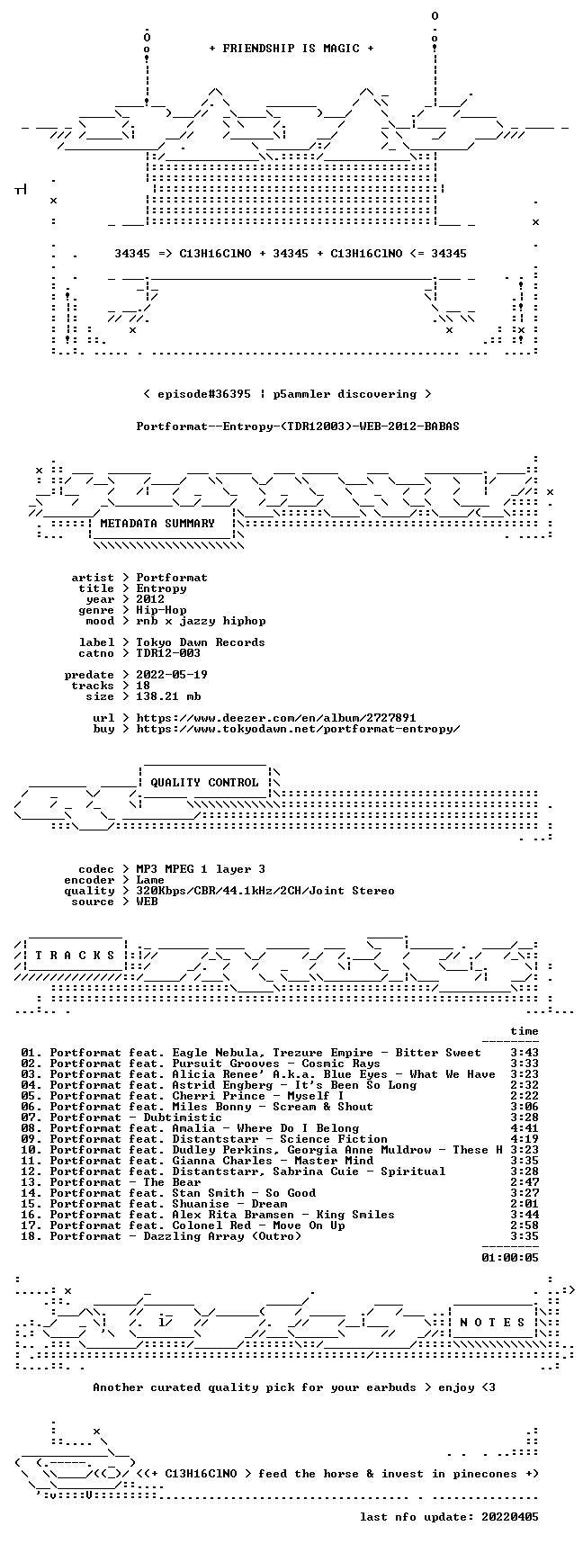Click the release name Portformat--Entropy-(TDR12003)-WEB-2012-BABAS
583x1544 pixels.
point(298,426)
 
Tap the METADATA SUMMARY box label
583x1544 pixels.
point(157,524)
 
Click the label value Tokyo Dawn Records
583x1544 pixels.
point(201,642)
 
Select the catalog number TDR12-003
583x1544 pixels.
point(168,653)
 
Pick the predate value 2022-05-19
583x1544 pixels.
point(172,675)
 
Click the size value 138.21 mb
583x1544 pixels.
point(168,696)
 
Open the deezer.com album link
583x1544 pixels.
point(276,718)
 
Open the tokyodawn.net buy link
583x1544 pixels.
point(298,729)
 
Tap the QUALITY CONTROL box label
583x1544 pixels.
point(204,783)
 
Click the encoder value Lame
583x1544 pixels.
point(150,880)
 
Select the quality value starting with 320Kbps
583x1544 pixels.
point(265,891)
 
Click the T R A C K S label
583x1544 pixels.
point(75,956)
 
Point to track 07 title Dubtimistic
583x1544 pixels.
point(183,1118)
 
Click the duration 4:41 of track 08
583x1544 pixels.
point(525,1128)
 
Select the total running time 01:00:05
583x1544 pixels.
point(510,1258)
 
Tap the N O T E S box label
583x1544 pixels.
point(492,1323)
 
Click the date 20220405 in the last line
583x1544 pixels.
point(510,1517)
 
